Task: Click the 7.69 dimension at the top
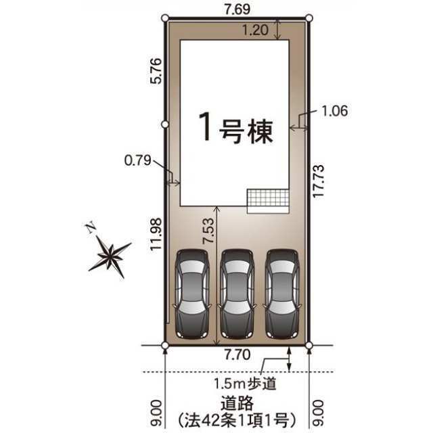(236, 9)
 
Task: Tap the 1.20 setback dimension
(256, 30)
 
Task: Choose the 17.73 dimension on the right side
(319, 179)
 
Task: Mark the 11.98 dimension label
(156, 234)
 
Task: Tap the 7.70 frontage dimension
(236, 354)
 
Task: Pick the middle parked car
(236, 296)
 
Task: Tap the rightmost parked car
(281, 296)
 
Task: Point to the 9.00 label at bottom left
(156, 409)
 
